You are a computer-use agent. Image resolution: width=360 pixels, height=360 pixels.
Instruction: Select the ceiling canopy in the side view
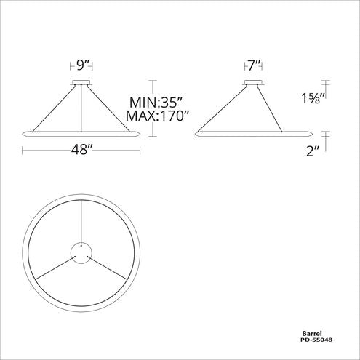(252, 82)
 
